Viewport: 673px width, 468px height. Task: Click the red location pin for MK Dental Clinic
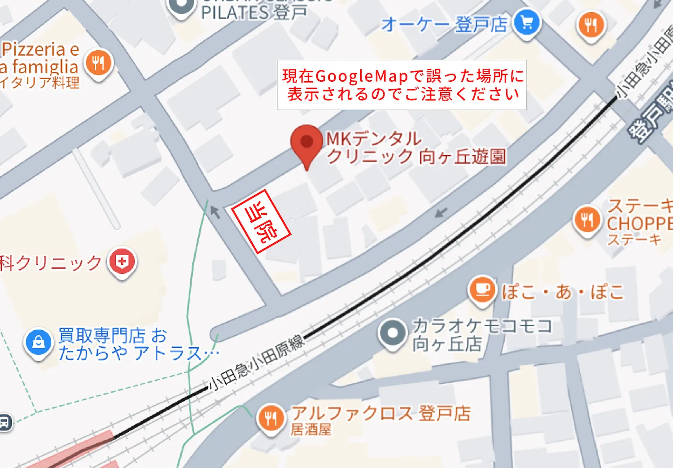(x=306, y=142)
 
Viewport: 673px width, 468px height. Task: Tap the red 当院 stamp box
(x=261, y=222)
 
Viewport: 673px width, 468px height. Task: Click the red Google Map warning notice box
(x=402, y=85)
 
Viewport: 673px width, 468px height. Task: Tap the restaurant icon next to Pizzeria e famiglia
(x=99, y=63)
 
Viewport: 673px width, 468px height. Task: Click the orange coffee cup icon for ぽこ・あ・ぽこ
(x=482, y=289)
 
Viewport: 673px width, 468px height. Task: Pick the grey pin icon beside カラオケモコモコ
(x=392, y=333)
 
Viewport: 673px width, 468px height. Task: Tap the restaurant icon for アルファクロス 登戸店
(x=271, y=418)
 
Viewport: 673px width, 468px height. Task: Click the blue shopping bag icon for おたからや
(x=39, y=342)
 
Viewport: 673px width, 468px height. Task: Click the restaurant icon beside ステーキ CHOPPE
(x=587, y=220)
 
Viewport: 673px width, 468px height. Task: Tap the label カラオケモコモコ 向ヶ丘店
(x=481, y=335)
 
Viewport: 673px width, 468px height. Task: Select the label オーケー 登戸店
(x=444, y=24)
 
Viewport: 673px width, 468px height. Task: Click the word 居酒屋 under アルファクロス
(x=311, y=430)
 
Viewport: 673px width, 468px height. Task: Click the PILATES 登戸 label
(x=254, y=13)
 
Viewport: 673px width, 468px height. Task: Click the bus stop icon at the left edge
(x=5, y=422)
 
